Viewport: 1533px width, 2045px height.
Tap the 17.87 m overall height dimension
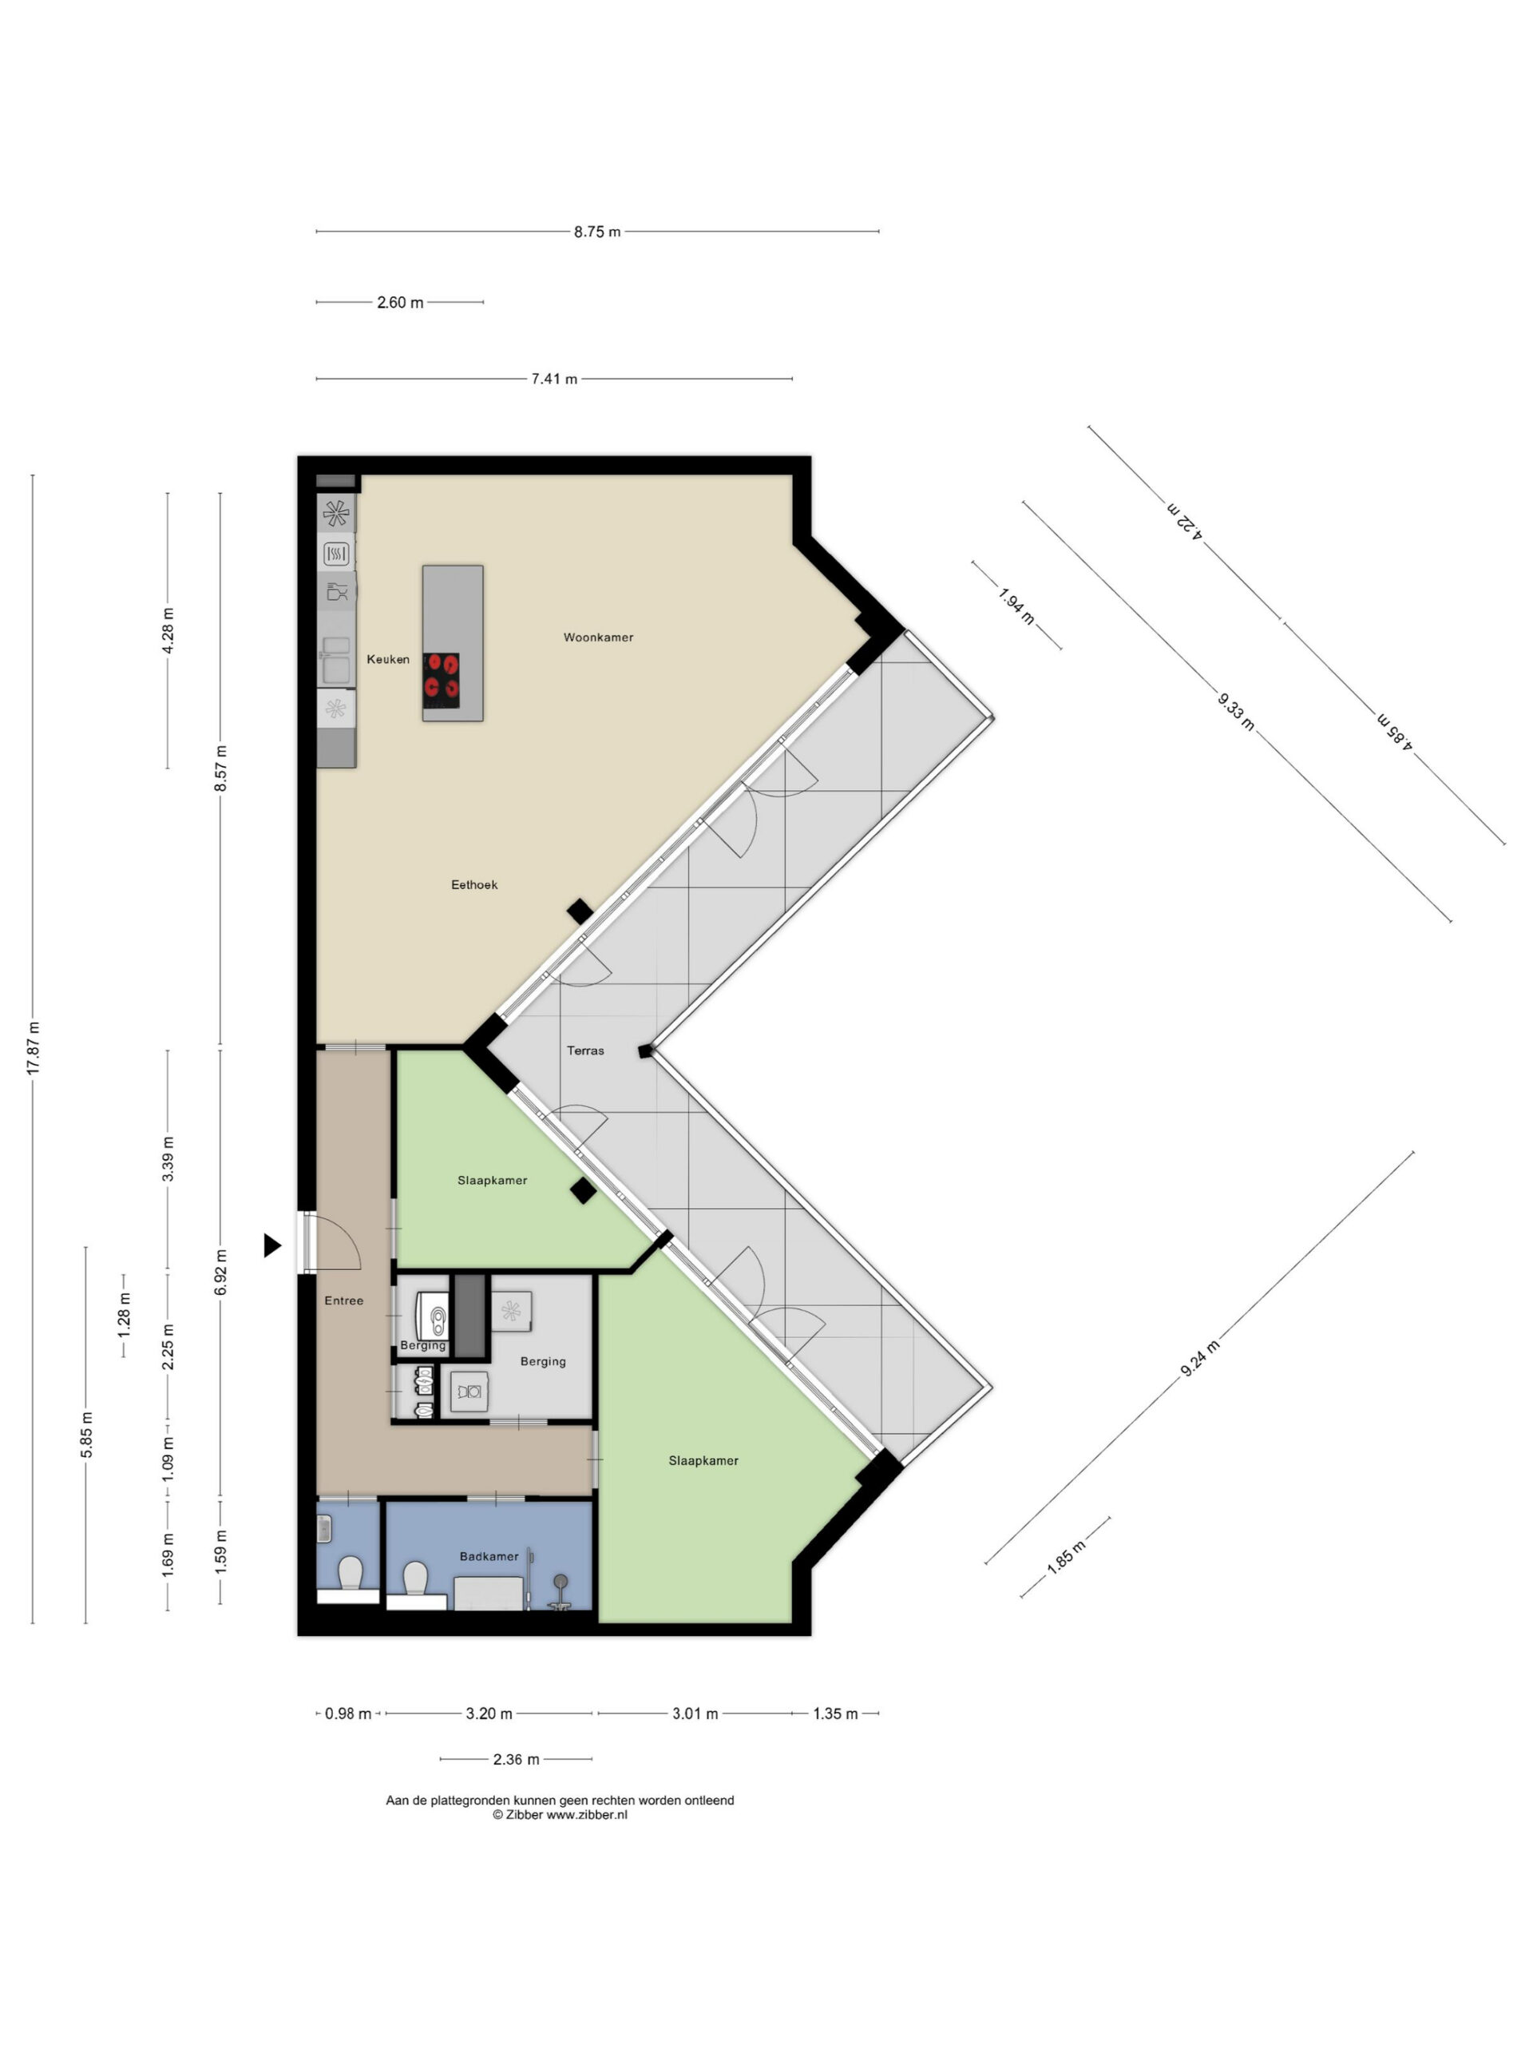click(34, 1047)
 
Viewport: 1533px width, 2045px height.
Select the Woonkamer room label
click(598, 637)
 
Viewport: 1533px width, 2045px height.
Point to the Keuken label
click(387, 659)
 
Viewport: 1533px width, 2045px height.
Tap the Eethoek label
click(474, 885)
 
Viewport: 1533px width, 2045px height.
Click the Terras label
click(585, 1050)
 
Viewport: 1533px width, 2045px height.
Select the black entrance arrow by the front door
click(271, 1245)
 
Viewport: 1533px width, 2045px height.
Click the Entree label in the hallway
click(344, 1300)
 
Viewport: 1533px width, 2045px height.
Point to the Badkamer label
click(489, 1557)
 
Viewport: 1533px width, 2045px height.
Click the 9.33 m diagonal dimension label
click(1235, 711)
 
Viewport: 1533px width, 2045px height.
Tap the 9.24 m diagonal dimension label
click(1199, 1358)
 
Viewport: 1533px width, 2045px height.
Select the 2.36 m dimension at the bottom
click(516, 1759)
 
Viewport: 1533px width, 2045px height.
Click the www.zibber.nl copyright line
click(560, 1815)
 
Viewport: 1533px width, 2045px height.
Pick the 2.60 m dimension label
click(399, 302)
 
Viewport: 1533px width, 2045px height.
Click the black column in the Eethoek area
click(580, 911)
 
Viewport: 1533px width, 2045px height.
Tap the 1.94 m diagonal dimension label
click(1016, 606)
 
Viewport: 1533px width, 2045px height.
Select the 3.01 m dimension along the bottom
click(694, 1713)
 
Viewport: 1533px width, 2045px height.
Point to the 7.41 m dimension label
click(553, 379)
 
